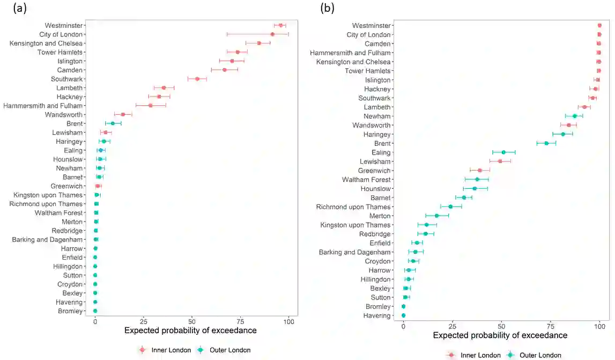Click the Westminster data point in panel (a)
(280, 25)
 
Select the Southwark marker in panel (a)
(197, 79)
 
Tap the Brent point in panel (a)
(113, 123)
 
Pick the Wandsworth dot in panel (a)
(123, 114)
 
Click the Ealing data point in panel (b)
(503, 152)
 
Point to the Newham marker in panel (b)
(575, 116)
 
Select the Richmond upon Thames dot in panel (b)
(450, 207)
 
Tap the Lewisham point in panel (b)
(500, 161)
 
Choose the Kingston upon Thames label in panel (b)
(355, 225)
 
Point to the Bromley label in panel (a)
(70, 311)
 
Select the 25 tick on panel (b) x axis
(453, 326)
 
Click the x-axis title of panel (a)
(190, 330)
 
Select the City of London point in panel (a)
(272, 34)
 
